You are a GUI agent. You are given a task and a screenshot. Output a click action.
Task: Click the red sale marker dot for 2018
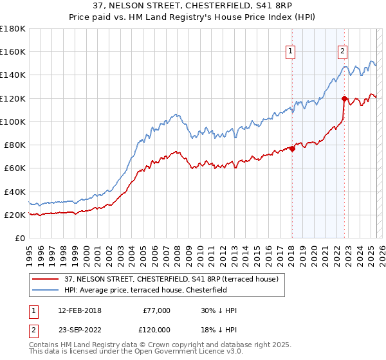292,148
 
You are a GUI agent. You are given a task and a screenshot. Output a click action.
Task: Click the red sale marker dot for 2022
344,98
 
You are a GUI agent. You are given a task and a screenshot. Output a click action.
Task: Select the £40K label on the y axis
15,192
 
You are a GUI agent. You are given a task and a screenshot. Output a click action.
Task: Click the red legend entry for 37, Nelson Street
170,278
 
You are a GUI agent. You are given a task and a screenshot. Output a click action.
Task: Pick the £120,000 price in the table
154,328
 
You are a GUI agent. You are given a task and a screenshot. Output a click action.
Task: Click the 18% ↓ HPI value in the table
219,328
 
